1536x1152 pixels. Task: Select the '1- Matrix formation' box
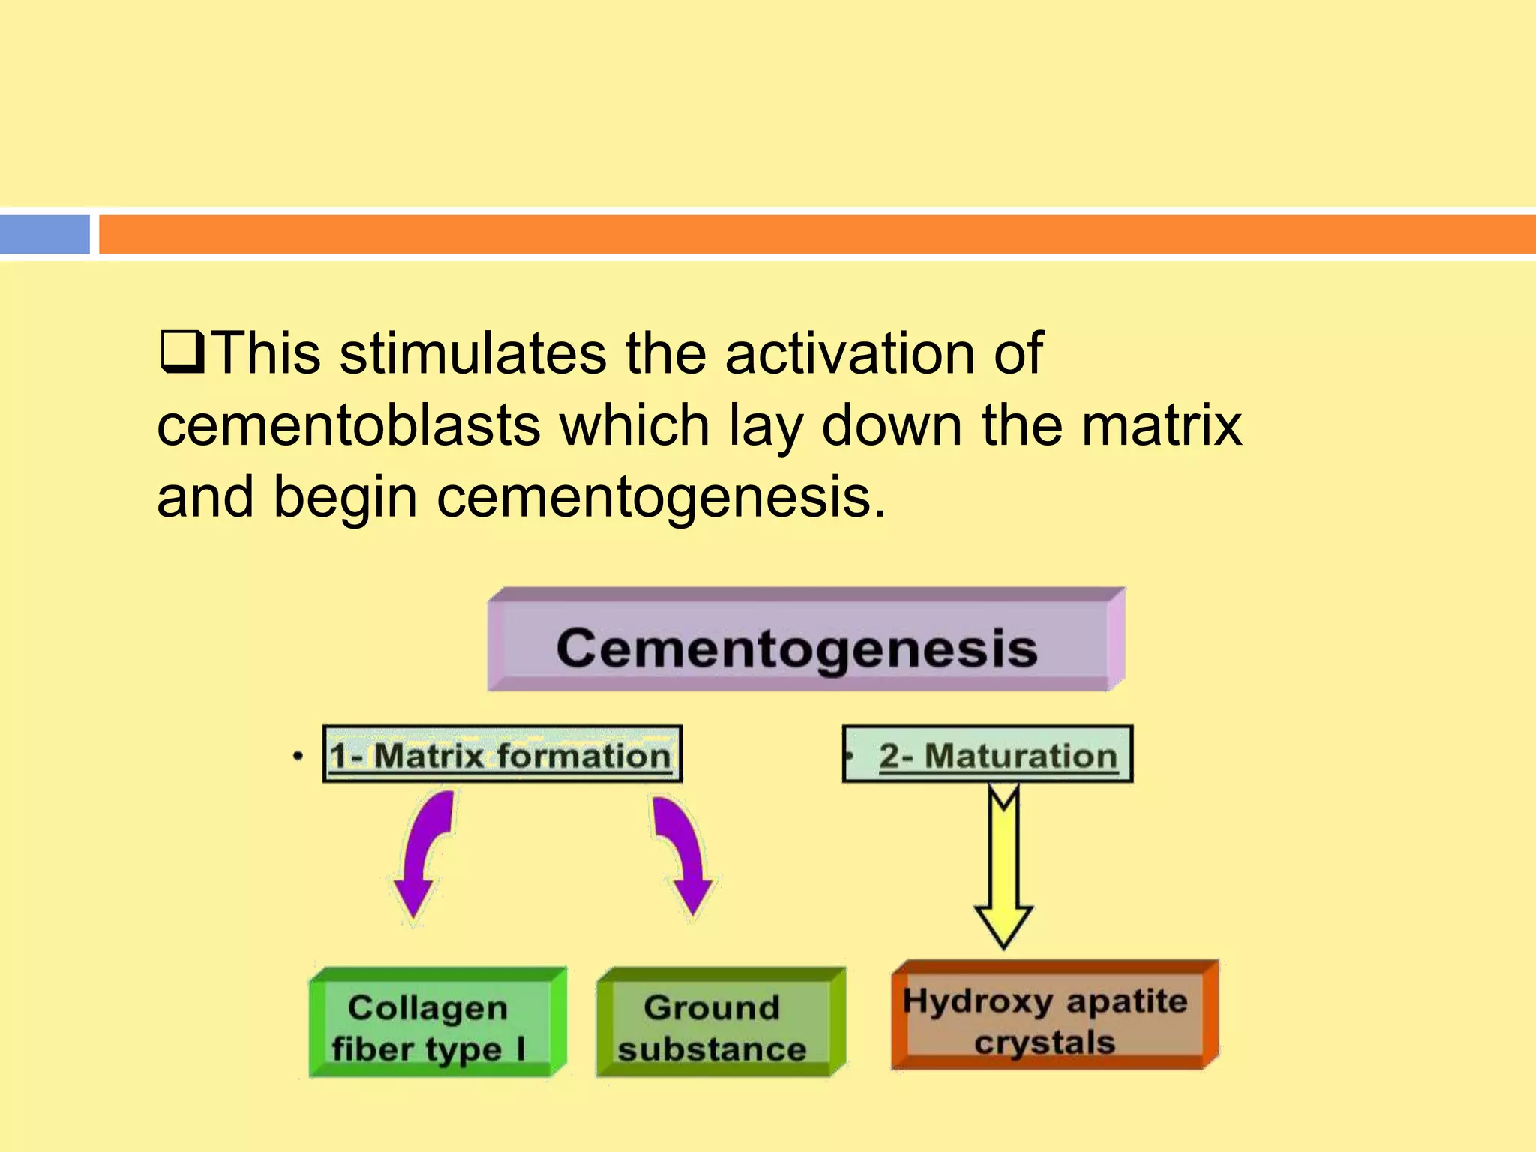(x=502, y=754)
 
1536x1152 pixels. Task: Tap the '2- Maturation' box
(x=988, y=754)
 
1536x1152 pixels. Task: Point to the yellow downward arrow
(x=1003, y=870)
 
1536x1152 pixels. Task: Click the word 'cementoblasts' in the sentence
(x=349, y=426)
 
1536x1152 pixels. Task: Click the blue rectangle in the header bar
(x=45, y=234)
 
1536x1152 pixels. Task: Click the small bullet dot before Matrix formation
(x=298, y=756)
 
